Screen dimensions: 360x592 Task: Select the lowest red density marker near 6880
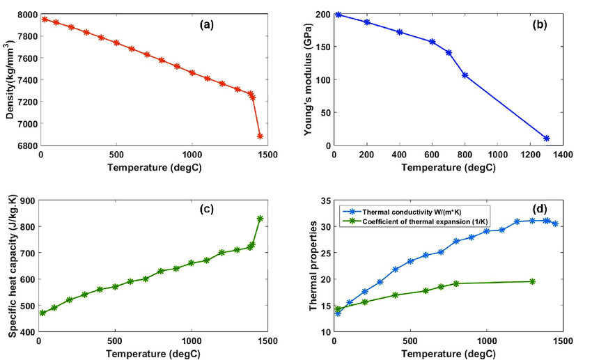tap(260, 136)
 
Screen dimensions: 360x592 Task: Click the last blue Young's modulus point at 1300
tap(547, 139)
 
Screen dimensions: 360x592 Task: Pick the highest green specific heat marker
tap(260, 219)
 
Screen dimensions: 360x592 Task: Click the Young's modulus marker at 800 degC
tap(465, 75)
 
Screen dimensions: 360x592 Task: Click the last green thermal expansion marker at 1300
tap(532, 281)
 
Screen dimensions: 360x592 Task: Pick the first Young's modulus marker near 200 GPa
tap(338, 15)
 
